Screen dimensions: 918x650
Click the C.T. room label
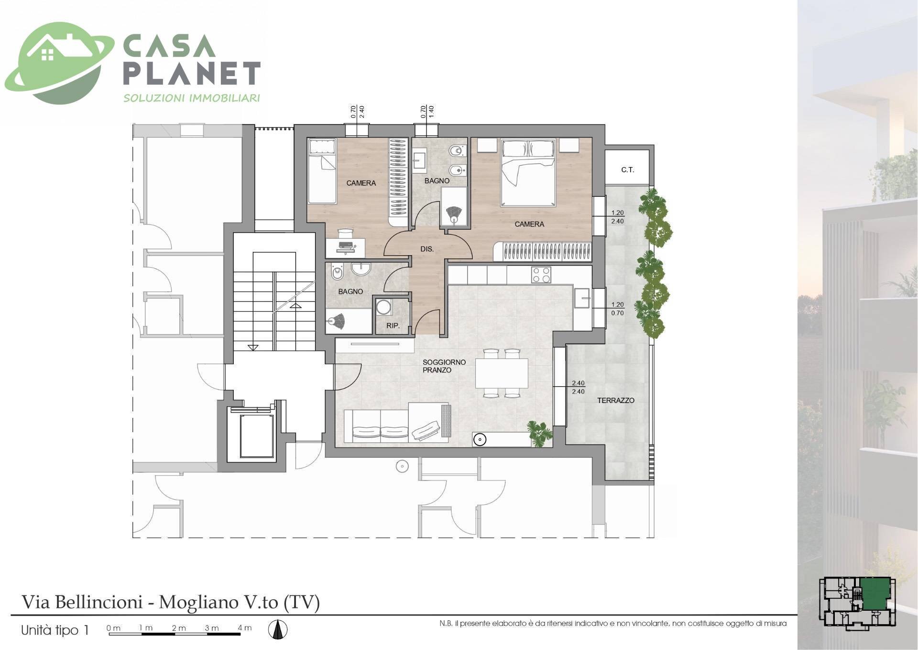pos(627,170)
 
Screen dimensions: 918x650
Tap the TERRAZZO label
pos(616,400)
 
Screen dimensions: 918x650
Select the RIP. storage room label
pos(393,326)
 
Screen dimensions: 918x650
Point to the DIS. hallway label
pos(427,249)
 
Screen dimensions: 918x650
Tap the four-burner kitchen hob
pos(541,275)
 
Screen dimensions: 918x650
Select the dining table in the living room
pos(502,373)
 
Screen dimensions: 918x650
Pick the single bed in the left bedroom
pos(322,171)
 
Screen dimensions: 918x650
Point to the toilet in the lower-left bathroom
pos(337,273)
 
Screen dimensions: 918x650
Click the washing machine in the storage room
pos(383,307)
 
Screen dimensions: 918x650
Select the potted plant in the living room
pos(540,433)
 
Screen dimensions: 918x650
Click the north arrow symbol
pos(277,629)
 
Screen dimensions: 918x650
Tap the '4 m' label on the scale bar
pos(244,628)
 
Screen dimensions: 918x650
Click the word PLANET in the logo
pos(192,73)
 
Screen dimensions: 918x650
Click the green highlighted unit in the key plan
pos(874,593)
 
